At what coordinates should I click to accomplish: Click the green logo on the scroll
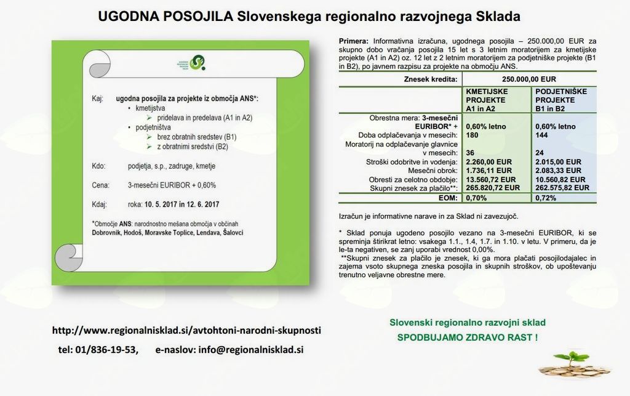[197, 62]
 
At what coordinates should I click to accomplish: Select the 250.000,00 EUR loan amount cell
[528, 79]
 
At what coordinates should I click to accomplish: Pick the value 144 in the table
[542, 135]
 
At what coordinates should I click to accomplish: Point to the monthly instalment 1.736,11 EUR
[488, 170]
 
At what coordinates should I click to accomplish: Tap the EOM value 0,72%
[546, 198]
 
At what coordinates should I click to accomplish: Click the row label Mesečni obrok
[435, 170]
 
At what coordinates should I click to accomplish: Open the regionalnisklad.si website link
[186, 330]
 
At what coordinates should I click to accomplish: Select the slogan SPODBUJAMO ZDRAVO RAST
[468, 337]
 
